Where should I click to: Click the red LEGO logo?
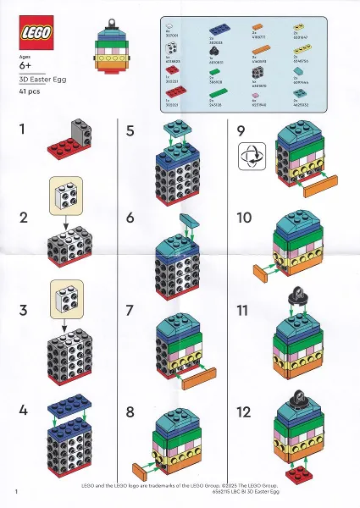(x=34, y=33)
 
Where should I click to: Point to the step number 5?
(x=130, y=130)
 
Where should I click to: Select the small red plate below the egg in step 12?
(x=296, y=475)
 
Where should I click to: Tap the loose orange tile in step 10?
(x=269, y=271)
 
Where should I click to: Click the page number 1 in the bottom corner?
(x=17, y=491)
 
